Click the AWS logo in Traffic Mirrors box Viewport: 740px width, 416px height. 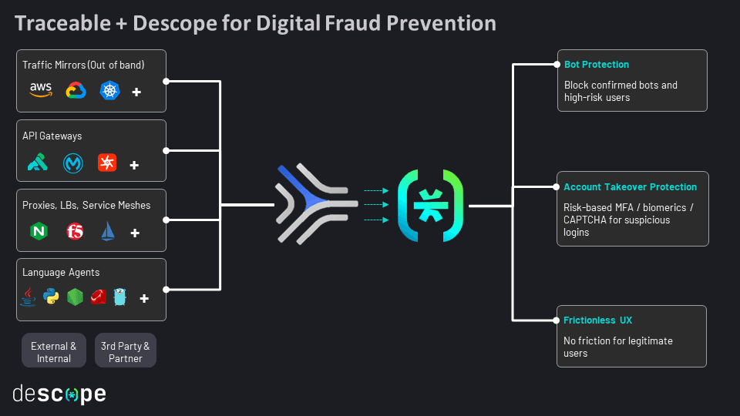[x=40, y=91]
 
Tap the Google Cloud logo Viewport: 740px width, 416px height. [x=76, y=91]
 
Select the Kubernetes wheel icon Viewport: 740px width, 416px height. [x=109, y=91]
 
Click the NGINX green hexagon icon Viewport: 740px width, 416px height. [x=38, y=231]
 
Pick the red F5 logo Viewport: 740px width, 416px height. [x=75, y=231]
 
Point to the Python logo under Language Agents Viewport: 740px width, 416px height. [x=51, y=297]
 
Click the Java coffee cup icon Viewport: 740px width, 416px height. [x=28, y=297]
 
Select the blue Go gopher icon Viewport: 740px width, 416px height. [x=119, y=297]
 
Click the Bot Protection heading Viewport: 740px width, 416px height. [x=597, y=65]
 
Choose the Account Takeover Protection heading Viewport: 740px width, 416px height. [x=630, y=187]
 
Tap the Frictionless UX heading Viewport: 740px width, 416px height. [x=597, y=320]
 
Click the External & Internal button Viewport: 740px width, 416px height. [x=54, y=351]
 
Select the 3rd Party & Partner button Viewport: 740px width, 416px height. [x=126, y=351]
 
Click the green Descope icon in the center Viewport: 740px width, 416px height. [x=430, y=206]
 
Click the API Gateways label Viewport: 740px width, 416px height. [x=52, y=136]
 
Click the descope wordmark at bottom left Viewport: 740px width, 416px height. [x=59, y=394]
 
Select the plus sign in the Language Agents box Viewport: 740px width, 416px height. [x=143, y=297]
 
